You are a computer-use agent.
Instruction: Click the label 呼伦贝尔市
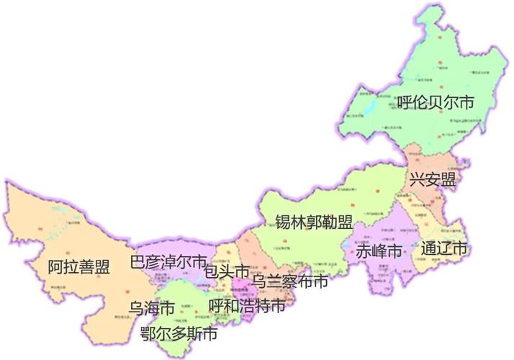click(436, 104)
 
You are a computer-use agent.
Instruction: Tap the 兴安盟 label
click(433, 179)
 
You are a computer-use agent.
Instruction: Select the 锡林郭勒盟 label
click(315, 222)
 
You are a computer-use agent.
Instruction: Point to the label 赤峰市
click(379, 252)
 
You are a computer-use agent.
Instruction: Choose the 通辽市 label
click(444, 249)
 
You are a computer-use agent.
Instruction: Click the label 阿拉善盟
click(78, 268)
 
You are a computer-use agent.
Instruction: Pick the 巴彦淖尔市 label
click(168, 261)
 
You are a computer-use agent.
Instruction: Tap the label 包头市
click(227, 271)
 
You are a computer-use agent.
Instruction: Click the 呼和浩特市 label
click(246, 307)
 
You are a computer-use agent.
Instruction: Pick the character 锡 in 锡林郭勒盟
click(284, 222)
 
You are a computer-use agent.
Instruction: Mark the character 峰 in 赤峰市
click(379, 252)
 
